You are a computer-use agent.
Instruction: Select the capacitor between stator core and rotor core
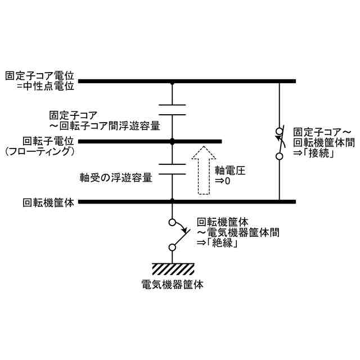tap(173, 110)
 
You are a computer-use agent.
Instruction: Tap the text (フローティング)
tap(40, 151)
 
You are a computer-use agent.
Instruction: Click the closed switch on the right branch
tap(280, 143)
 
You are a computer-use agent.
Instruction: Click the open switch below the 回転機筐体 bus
tap(174, 235)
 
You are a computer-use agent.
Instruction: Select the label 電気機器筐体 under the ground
tap(173, 284)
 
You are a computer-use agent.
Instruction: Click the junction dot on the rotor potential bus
tap(173, 141)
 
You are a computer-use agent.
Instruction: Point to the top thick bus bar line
tap(186, 82)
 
